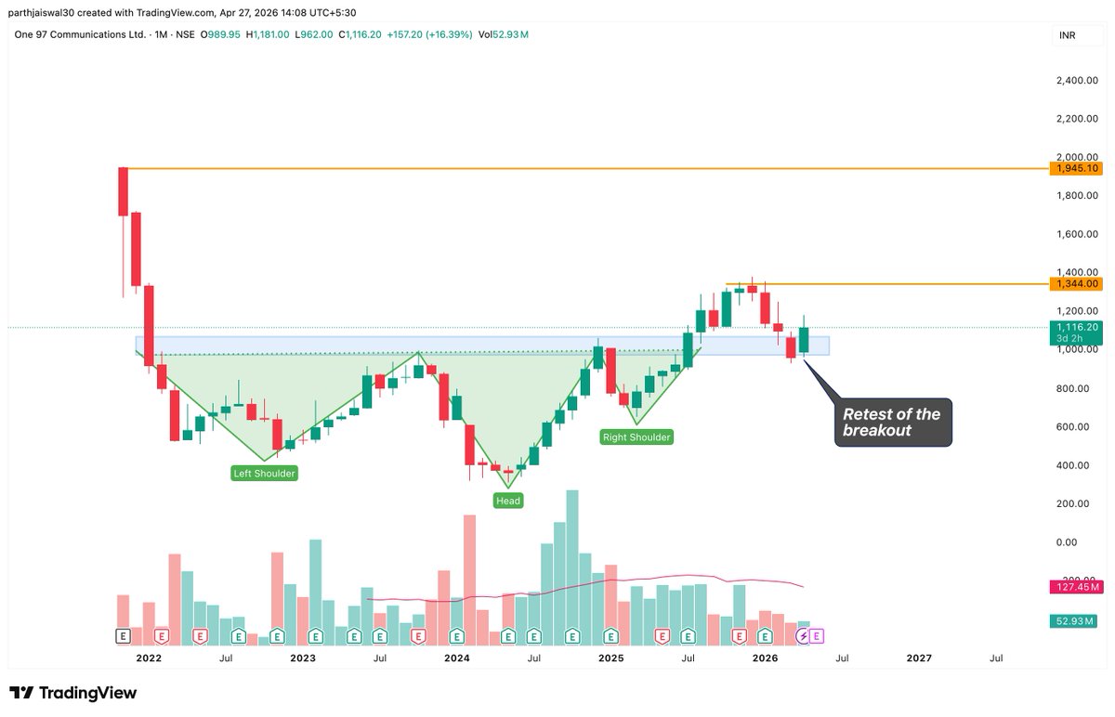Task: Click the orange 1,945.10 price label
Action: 1078,168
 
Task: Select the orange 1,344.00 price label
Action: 1078,283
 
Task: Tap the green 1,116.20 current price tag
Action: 1078,327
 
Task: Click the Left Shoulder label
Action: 264,474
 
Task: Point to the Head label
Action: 508,501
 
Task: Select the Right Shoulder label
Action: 636,437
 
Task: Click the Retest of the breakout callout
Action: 892,423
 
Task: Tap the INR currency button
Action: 1068,35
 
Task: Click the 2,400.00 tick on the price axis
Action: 1078,81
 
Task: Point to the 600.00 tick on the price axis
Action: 1078,426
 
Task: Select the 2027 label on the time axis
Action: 918,658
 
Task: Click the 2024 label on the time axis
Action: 456,658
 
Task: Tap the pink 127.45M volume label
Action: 1078,587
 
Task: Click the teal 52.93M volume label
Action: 1078,620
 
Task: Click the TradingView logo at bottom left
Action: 73,693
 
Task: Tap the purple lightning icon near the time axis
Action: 803,636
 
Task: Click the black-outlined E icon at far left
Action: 123,636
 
